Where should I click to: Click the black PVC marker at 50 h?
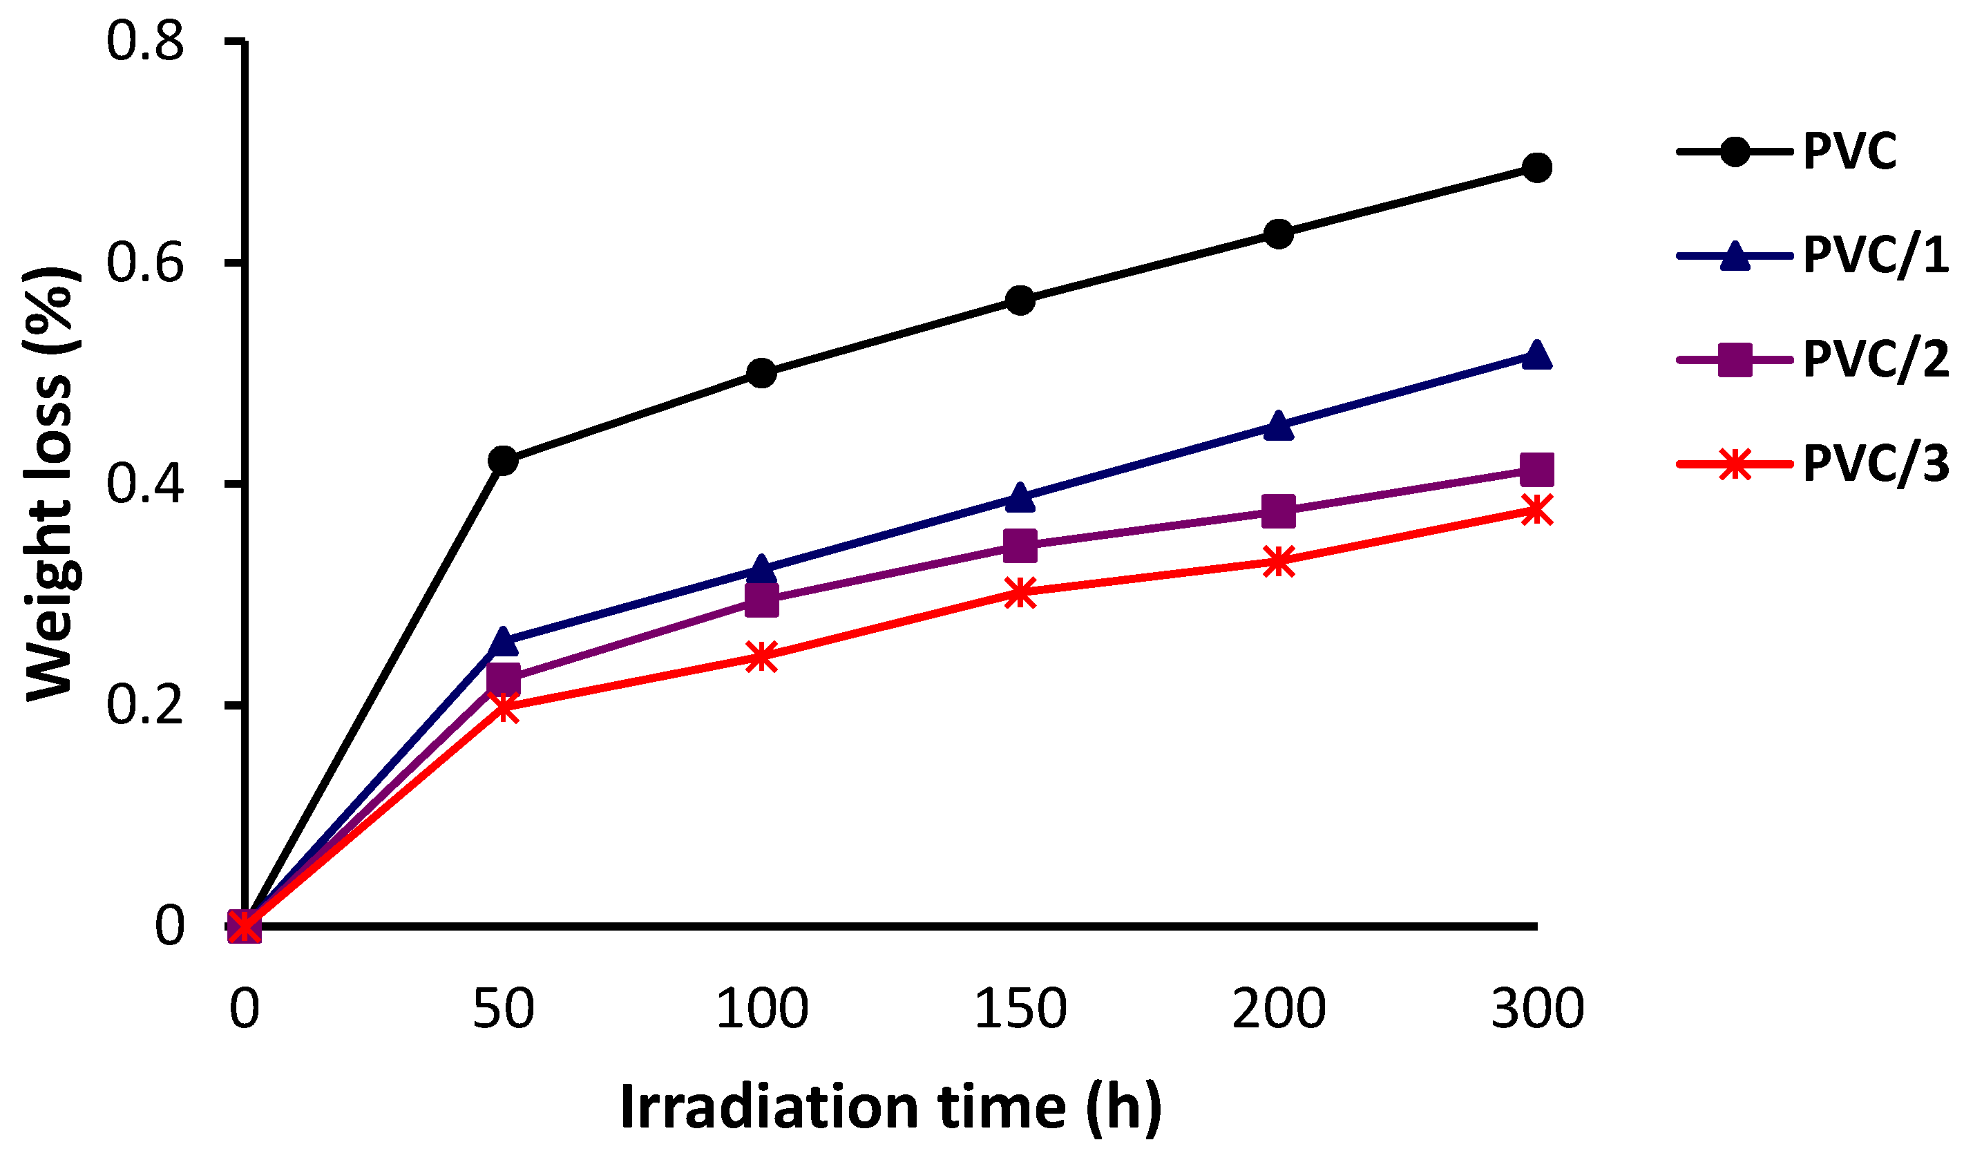[x=504, y=461]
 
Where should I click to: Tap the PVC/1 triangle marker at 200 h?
[x=1279, y=426]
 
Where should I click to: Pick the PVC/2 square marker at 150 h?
[x=1020, y=546]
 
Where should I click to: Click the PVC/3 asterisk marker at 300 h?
[x=1537, y=511]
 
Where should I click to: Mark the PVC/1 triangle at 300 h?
[x=1537, y=355]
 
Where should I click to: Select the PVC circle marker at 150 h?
[x=1020, y=300]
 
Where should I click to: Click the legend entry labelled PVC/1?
[x=1875, y=255]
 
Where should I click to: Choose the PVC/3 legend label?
[x=1875, y=464]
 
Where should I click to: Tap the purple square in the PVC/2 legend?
[x=1735, y=359]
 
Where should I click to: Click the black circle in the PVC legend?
[x=1735, y=151]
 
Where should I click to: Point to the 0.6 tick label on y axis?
[x=145, y=263]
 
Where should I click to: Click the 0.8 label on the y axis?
[x=145, y=41]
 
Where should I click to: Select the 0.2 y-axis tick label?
[x=145, y=705]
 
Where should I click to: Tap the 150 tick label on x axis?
[x=1020, y=1009]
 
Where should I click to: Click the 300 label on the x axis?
[x=1537, y=1009]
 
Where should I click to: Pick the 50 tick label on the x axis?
[x=504, y=1009]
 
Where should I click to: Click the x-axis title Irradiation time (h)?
[x=891, y=1107]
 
